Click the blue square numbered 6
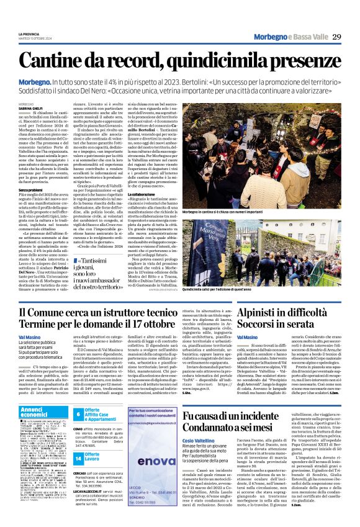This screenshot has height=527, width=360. (78, 414)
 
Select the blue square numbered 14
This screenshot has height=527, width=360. (78, 457)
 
